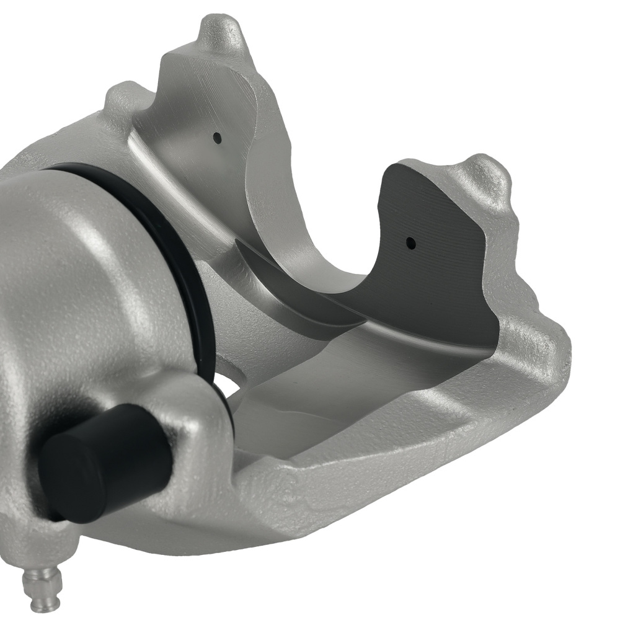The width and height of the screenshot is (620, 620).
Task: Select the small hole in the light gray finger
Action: point(216,138)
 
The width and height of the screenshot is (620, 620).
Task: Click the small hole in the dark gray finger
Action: point(410,244)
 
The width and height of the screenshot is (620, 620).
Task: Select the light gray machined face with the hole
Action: point(198,124)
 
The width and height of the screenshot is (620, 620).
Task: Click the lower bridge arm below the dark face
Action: point(403,422)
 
